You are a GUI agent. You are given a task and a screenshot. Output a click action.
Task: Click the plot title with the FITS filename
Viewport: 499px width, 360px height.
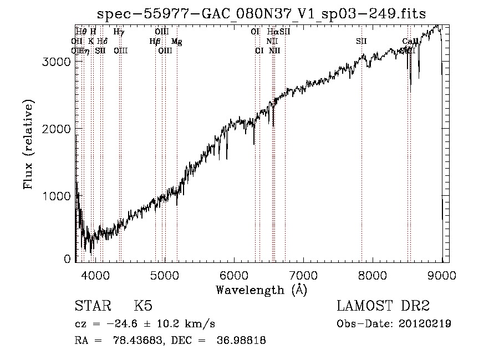[x=261, y=14]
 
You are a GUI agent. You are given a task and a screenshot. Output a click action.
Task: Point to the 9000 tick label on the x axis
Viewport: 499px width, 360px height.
[x=441, y=275]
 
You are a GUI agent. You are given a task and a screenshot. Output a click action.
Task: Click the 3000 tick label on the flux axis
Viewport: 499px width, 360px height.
[x=55, y=62]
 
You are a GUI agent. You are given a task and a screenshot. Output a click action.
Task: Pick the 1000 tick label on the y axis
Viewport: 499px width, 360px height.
[x=55, y=196]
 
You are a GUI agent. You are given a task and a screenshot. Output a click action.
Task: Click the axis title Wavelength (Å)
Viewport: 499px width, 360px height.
[x=261, y=290]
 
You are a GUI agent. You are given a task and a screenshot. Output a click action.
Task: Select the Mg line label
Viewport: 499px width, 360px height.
[x=176, y=42]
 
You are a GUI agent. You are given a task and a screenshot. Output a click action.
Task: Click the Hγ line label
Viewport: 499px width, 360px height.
[x=119, y=32]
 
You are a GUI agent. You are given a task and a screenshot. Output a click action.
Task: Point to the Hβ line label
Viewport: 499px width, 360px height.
[x=155, y=42]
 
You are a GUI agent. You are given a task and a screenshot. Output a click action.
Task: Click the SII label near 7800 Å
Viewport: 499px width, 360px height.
[x=361, y=42]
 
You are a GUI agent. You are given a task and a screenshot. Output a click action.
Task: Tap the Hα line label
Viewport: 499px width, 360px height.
[x=272, y=32]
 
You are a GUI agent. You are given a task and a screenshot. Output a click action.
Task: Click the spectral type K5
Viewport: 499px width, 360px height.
[x=143, y=307]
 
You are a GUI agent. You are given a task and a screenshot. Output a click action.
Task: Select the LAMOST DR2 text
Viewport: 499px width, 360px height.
[x=383, y=307]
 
